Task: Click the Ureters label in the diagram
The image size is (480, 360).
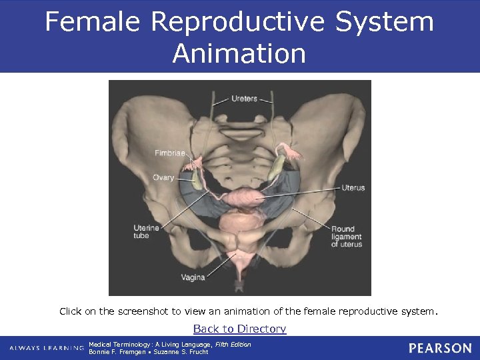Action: (x=244, y=99)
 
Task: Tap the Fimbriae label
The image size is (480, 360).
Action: (x=170, y=153)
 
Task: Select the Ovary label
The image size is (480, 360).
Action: (x=163, y=177)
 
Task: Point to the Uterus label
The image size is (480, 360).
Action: (x=353, y=188)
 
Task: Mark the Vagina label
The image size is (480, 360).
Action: (x=192, y=276)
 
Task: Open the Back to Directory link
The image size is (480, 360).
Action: (x=239, y=329)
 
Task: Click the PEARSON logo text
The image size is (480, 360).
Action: (x=440, y=348)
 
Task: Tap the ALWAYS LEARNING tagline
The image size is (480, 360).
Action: (x=47, y=349)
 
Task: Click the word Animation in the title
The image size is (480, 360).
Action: (x=239, y=53)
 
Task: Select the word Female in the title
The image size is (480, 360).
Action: (x=93, y=22)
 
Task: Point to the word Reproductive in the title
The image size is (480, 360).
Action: (x=238, y=22)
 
